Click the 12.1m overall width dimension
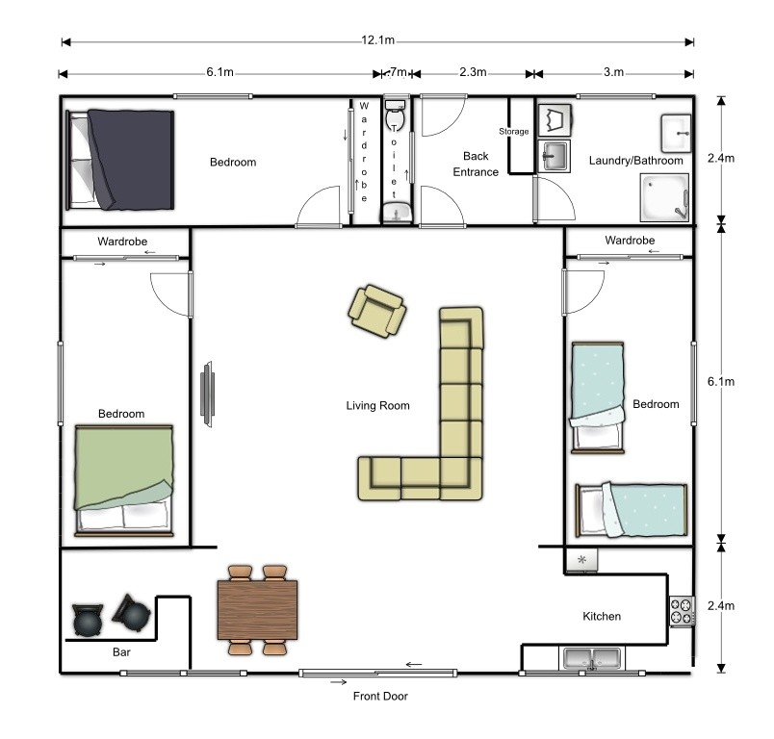[378, 41]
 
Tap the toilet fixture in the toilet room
[394, 119]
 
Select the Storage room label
[513, 131]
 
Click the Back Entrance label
[476, 164]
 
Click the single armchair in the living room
[376, 311]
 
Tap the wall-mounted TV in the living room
[207, 393]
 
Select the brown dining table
[257, 610]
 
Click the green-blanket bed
[124, 478]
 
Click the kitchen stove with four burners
[682, 611]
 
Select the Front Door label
[380, 696]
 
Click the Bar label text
[121, 652]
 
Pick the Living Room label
[377, 405]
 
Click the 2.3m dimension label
[473, 72]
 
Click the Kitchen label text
[602, 616]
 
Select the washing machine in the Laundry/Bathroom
[554, 120]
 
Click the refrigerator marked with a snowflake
[581, 560]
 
